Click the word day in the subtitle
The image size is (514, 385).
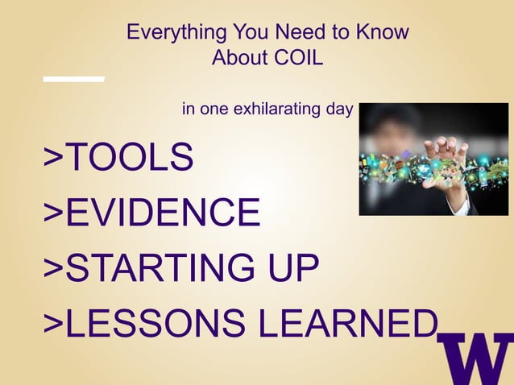point(340,109)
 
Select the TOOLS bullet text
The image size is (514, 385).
point(129,157)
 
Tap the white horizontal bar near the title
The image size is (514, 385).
point(73,79)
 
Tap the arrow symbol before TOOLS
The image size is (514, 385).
point(53,157)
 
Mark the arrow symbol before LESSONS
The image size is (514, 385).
point(53,323)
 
